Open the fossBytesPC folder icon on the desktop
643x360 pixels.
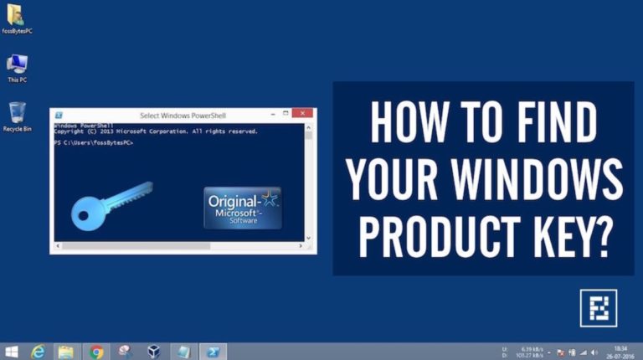15,15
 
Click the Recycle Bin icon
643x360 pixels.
17,113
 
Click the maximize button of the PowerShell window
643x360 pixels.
285,114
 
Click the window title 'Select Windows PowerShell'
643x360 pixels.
183,116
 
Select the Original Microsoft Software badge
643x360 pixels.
243,208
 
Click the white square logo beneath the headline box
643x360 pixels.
598,307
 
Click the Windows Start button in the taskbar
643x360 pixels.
12,352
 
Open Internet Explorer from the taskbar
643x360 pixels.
39,352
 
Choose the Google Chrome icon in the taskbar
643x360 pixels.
96,352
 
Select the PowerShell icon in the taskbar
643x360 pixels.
213,352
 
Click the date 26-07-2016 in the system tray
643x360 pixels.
619,356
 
